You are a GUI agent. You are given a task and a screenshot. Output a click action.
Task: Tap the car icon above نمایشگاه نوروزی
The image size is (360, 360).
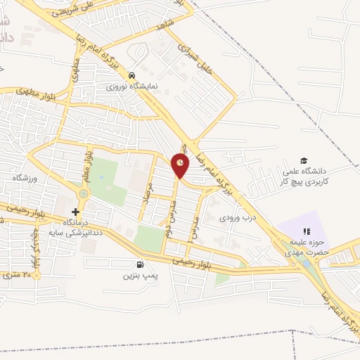click(x=131, y=75)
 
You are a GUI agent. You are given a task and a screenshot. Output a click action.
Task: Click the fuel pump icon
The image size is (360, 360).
click(x=140, y=265)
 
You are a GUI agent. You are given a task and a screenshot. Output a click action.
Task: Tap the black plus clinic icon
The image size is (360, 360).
click(x=76, y=211)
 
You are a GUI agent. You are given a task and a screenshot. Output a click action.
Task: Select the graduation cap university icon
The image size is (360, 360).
click(x=304, y=161)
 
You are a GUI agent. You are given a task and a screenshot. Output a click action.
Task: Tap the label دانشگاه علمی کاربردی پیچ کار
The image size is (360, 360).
click(x=307, y=176)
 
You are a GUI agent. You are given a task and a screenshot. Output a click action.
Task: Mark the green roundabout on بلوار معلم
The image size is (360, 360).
click(x=84, y=193)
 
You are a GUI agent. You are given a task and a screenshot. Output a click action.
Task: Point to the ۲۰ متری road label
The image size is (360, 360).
click(x=19, y=273)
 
